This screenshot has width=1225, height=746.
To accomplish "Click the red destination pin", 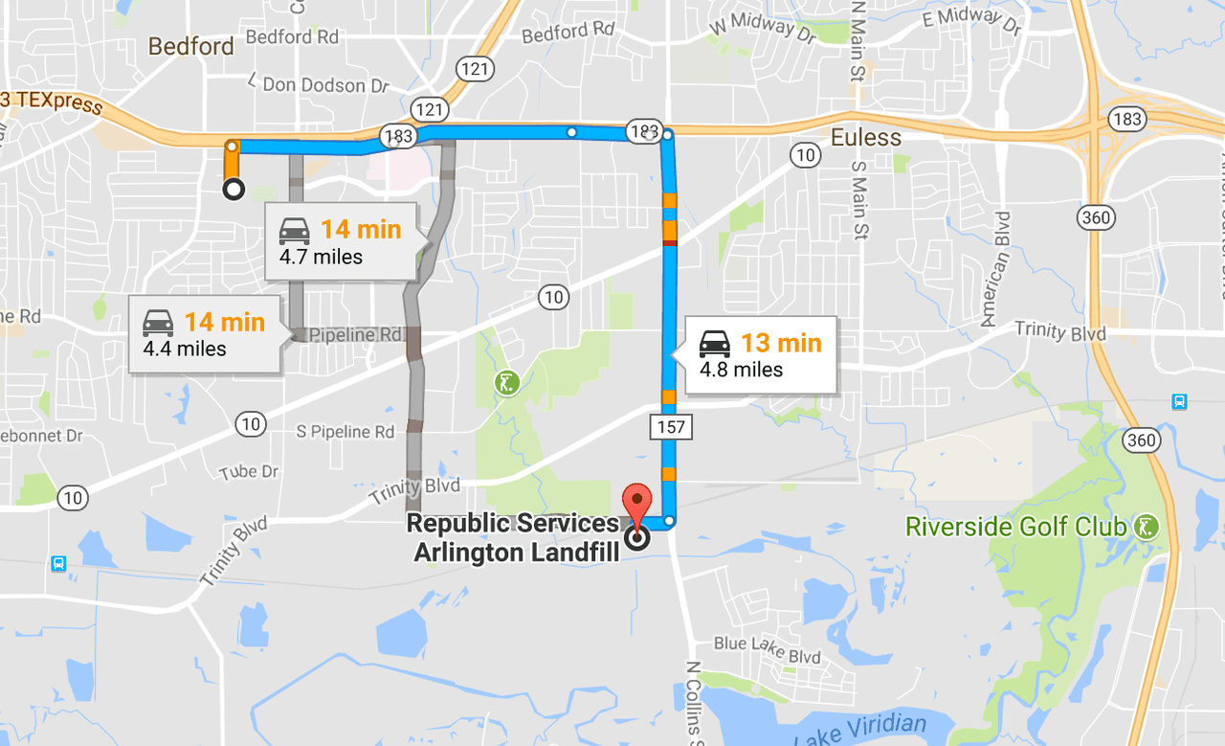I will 636,501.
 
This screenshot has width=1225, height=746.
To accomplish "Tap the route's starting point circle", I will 233,190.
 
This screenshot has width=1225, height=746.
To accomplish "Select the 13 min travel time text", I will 781,343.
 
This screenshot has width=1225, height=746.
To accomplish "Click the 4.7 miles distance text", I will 321,257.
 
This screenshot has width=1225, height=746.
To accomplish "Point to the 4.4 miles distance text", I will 185,349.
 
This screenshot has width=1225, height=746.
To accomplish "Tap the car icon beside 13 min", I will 714,343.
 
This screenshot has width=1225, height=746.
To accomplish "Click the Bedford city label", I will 191,46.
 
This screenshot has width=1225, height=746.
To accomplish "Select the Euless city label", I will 865,138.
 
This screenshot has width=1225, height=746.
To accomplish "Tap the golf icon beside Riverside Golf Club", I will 1146,526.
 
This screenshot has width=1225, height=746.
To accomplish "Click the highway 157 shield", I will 671,427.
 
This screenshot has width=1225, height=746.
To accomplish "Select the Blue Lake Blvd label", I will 768,649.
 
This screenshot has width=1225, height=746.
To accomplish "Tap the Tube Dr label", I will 249,472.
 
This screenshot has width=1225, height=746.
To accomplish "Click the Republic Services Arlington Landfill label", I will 514,538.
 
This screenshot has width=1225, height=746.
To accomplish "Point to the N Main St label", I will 857,43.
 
